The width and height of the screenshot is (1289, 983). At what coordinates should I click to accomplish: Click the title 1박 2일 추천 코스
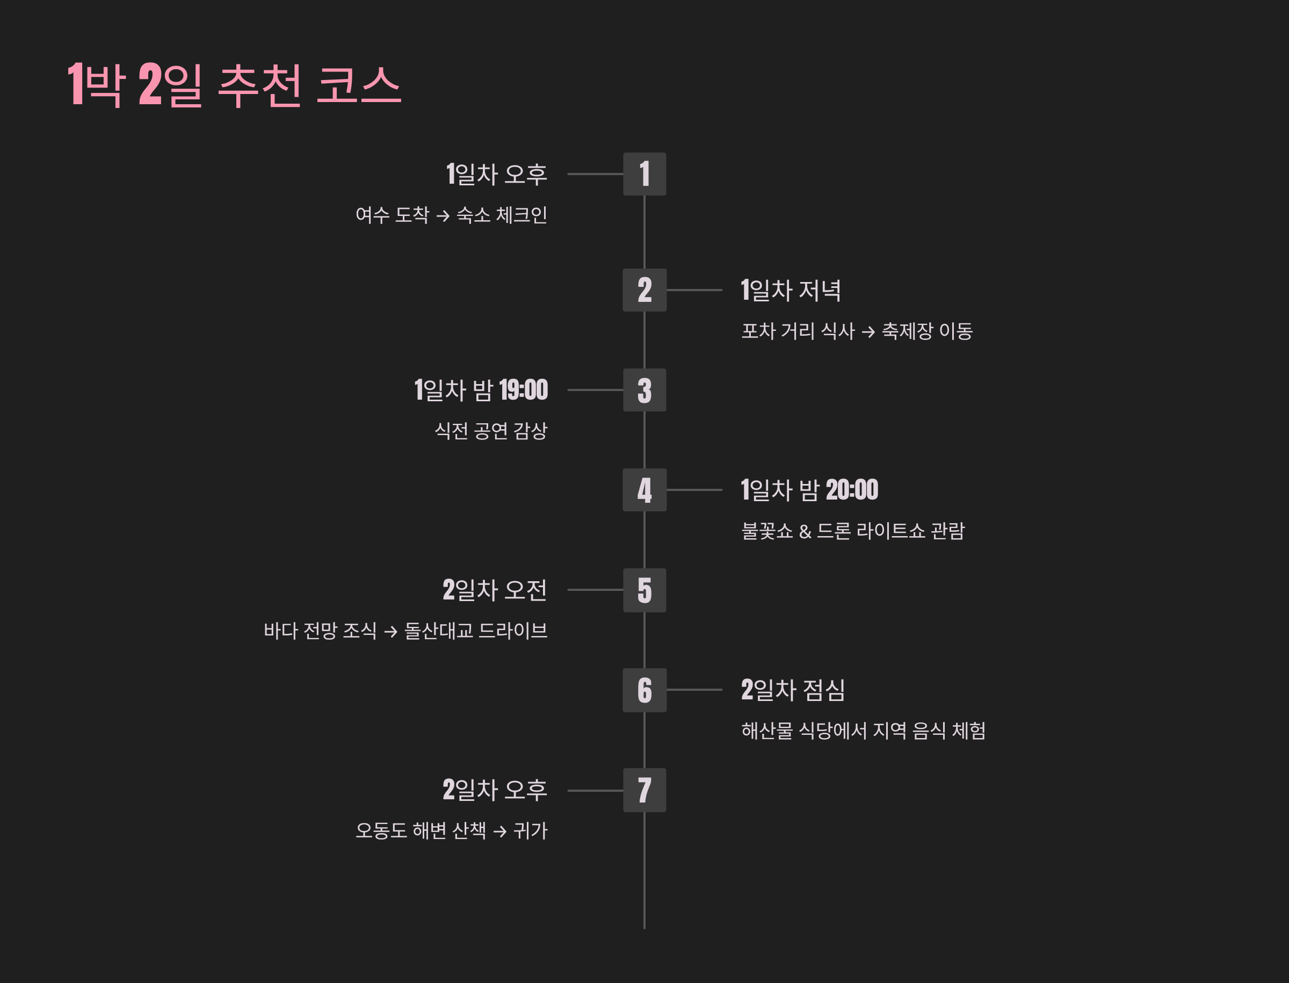[234, 85]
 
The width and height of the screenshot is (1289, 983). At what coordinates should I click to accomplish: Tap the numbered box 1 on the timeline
[644, 174]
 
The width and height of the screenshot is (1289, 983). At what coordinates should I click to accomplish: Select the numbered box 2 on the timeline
[644, 290]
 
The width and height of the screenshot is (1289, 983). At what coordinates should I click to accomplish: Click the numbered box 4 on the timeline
[644, 490]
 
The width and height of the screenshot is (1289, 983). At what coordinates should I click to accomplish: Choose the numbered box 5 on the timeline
[644, 590]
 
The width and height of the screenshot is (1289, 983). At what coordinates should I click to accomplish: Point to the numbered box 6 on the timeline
[644, 690]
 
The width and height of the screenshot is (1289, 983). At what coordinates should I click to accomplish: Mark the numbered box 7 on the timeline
[644, 791]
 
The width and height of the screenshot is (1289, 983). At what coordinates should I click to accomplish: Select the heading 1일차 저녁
[791, 290]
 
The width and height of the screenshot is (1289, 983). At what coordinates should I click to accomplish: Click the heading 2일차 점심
[793, 690]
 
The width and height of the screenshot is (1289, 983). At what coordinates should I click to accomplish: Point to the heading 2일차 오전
[495, 590]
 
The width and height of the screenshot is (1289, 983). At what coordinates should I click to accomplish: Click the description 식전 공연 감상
[491, 431]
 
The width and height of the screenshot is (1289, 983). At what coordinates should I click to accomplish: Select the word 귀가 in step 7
[530, 831]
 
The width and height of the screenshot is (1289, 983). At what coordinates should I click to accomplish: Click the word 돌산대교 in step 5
[439, 631]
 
